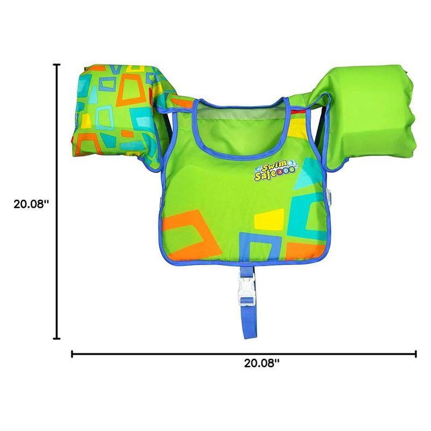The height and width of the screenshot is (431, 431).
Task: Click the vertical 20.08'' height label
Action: (x=31, y=204)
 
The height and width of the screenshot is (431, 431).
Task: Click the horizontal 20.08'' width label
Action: (x=262, y=363)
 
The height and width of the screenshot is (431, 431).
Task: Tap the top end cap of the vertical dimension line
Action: (x=57, y=65)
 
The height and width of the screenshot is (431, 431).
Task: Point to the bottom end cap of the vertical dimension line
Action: (x=57, y=338)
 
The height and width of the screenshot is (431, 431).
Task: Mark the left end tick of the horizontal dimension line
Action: (x=72, y=354)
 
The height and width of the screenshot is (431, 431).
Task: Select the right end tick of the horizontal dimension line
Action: (x=415, y=354)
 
